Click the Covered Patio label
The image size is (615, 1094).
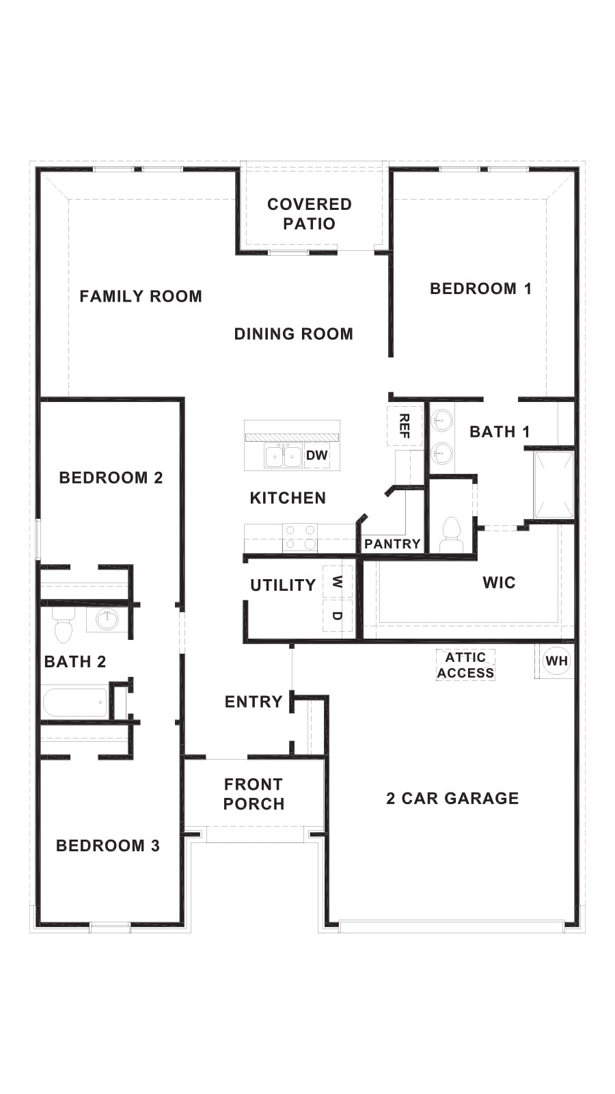pyautogui.click(x=310, y=213)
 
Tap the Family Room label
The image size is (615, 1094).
pyautogui.click(x=141, y=296)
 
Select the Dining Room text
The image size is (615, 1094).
pyautogui.click(x=294, y=334)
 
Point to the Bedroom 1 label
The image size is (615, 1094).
pyautogui.click(x=480, y=289)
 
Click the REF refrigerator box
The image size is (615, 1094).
pyautogui.click(x=404, y=425)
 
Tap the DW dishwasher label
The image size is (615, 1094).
pyautogui.click(x=317, y=455)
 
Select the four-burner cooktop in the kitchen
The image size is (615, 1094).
pyautogui.click(x=300, y=537)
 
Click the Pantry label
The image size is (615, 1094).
pyautogui.click(x=392, y=544)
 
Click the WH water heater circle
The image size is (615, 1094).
pyautogui.click(x=556, y=661)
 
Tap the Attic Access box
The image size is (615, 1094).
pyautogui.click(x=466, y=665)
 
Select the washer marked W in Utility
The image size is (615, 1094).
pyautogui.click(x=337, y=582)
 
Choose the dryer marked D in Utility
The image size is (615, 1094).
pyautogui.click(x=337, y=615)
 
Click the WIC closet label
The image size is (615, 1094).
pyautogui.click(x=499, y=583)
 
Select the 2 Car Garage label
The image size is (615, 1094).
pyautogui.click(x=452, y=798)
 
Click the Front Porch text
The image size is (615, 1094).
pyautogui.click(x=254, y=794)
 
